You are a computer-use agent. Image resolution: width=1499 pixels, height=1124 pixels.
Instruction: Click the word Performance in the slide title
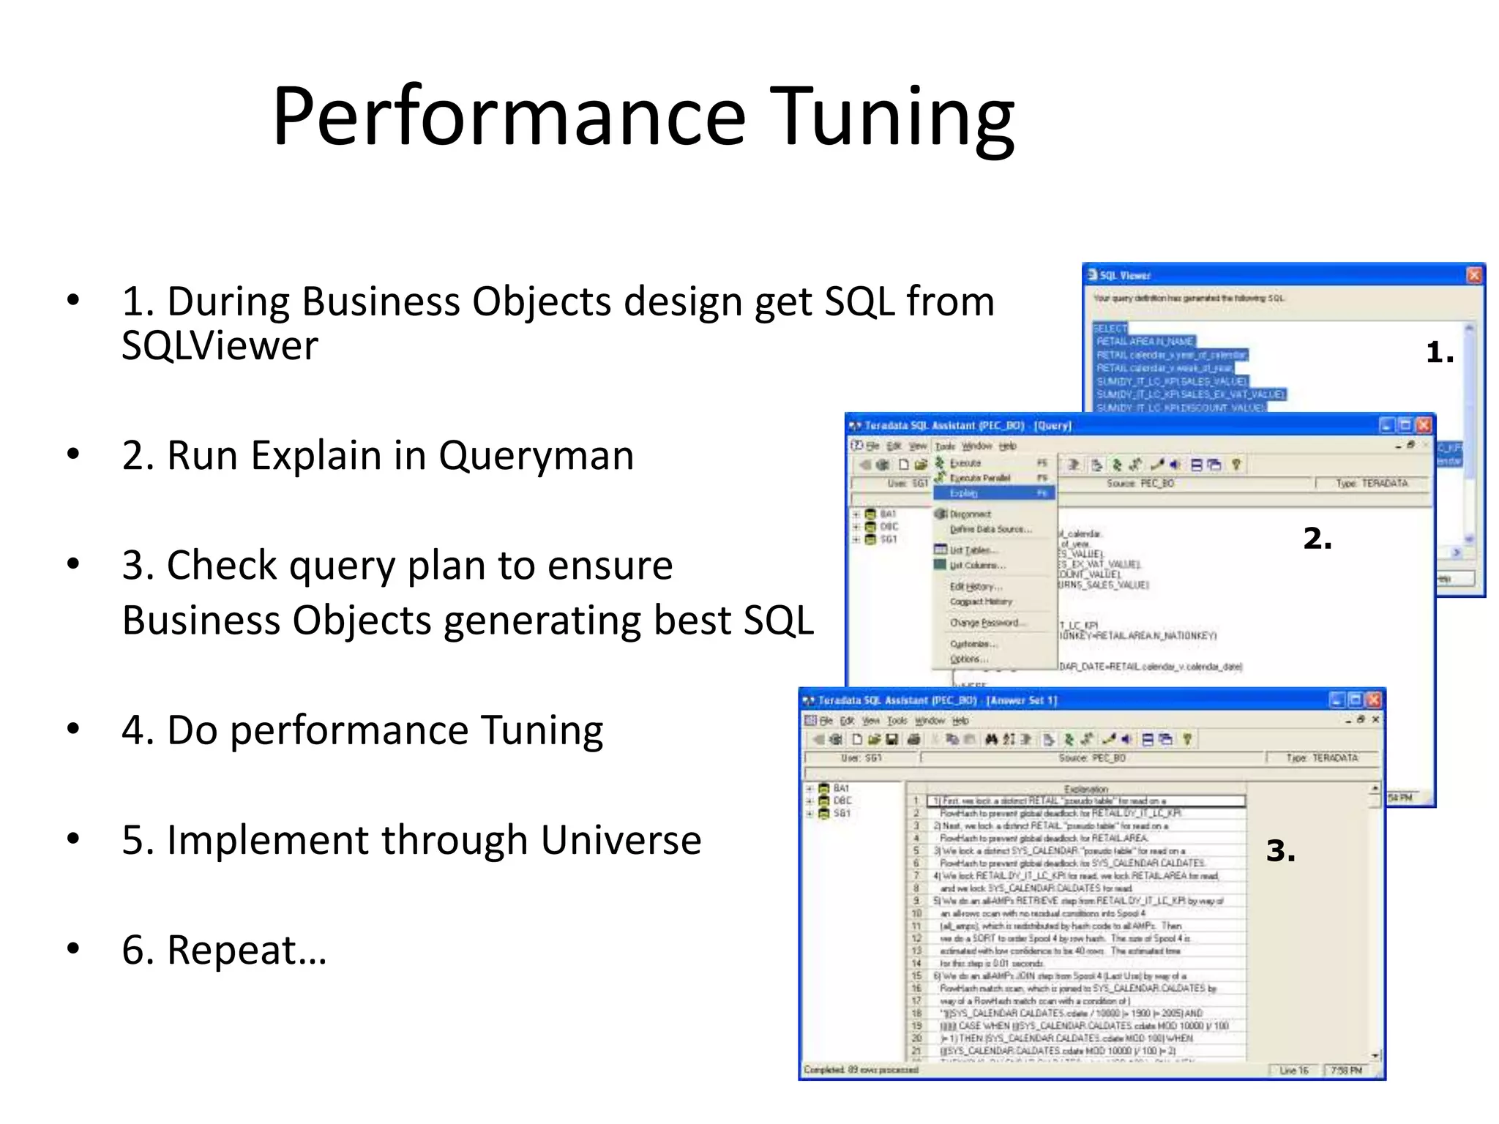[509, 117]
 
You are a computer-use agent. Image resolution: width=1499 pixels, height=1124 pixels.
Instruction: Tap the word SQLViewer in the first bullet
[220, 345]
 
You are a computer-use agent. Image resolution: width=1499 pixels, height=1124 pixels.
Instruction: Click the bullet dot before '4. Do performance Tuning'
[72, 730]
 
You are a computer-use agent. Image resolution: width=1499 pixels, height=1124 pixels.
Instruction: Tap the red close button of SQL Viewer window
[1474, 275]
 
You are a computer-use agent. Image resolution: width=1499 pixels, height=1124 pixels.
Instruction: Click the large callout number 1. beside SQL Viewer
[1439, 353]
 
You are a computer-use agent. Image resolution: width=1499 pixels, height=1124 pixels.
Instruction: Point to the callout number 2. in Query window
[1317, 539]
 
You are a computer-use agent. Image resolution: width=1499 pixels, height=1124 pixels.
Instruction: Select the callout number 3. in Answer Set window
[1280, 851]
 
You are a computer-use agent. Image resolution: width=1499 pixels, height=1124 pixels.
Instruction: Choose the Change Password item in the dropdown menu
[984, 623]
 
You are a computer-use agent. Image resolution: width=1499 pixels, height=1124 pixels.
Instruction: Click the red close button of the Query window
[1423, 425]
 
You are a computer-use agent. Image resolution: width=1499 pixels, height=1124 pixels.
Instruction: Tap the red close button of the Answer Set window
[1373, 700]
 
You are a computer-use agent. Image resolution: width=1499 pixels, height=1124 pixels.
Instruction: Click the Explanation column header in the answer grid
[1085, 789]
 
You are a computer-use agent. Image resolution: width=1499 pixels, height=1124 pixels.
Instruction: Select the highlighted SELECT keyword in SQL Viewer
[1110, 329]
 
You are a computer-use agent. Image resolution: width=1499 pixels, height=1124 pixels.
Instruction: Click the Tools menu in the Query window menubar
[945, 446]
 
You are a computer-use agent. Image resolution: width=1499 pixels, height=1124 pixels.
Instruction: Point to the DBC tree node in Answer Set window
[842, 801]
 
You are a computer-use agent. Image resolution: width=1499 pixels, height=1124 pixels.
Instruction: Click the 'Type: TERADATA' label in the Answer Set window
[1322, 758]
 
